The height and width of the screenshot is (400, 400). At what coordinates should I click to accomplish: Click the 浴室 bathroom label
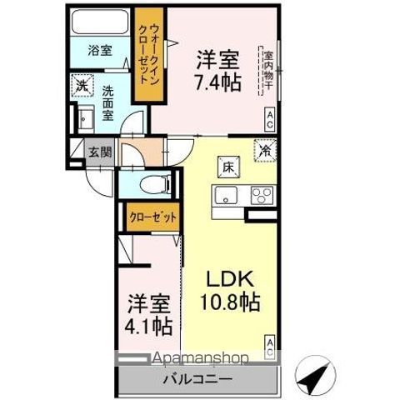(x=101, y=50)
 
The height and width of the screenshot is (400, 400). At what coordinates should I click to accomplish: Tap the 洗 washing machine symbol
(x=82, y=84)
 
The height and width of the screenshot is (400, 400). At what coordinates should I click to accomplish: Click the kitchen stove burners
(x=261, y=197)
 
